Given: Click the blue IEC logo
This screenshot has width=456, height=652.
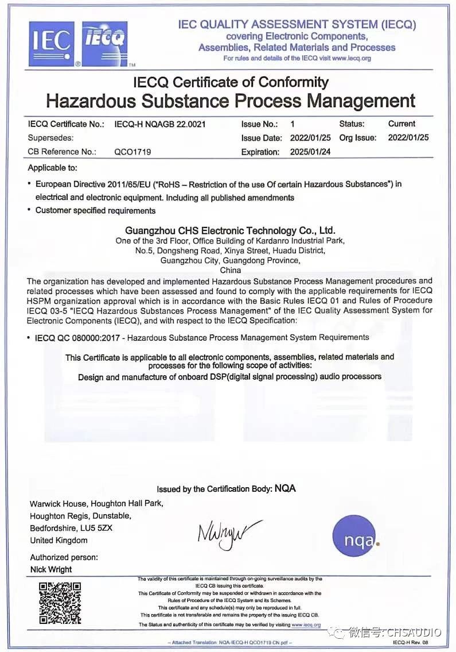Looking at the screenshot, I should (52, 44).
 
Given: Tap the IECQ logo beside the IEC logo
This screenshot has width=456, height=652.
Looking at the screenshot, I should (105, 44).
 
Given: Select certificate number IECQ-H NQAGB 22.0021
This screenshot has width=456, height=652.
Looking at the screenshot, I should (160, 124).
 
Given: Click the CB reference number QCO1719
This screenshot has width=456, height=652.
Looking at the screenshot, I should (132, 152).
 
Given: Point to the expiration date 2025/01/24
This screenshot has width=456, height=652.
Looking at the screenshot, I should (311, 152).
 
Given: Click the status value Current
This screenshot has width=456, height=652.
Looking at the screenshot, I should (402, 124).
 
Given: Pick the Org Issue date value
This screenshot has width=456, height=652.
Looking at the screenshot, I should (408, 138).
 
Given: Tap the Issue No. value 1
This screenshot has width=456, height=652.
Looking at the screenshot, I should (293, 124).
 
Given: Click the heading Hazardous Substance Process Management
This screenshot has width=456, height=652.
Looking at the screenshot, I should (231, 101).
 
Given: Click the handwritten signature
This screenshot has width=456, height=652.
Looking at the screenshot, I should (228, 533).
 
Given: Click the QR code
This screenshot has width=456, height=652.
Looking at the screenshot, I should (60, 603).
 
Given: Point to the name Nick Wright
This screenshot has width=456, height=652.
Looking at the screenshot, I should (51, 570).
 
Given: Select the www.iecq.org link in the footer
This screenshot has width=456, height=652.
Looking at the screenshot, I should (306, 624).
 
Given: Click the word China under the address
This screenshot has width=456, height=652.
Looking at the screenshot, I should (230, 270).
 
